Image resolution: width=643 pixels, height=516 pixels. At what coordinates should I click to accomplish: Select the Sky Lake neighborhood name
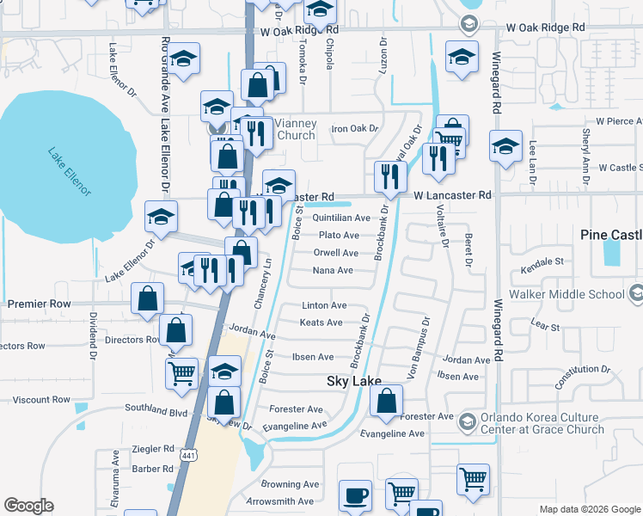pos(353,381)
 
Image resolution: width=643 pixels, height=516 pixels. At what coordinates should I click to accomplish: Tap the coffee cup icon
pos(355,496)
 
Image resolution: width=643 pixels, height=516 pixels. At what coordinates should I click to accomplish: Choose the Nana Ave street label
pos(334,270)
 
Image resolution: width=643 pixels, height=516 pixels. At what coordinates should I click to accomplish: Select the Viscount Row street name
pos(41,400)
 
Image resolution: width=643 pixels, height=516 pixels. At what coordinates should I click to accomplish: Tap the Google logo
pos(28,506)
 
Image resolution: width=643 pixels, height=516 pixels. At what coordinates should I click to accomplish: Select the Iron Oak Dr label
pos(355,129)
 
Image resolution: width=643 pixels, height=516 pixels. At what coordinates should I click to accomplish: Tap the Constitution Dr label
pos(582,376)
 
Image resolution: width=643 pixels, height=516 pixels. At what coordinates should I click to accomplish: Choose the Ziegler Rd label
pos(153,449)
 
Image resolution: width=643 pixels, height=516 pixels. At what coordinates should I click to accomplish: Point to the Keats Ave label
pos(321,322)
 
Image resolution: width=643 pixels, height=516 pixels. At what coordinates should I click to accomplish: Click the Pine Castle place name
pos(611,235)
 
